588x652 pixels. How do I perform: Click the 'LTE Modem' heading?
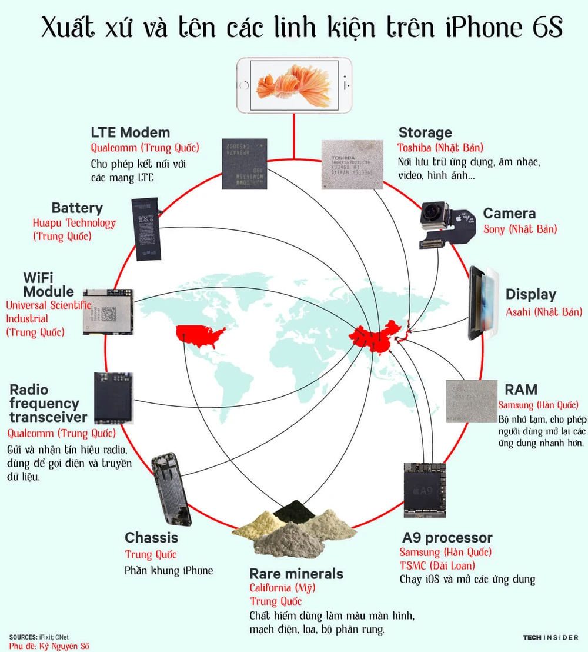click(x=130, y=132)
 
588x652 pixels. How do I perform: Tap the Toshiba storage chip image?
click(x=351, y=165)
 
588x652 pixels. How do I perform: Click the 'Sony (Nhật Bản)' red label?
click(x=520, y=229)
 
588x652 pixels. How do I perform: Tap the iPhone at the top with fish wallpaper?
click(x=294, y=85)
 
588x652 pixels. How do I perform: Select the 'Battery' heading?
click(x=77, y=208)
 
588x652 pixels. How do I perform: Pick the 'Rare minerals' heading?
click(x=296, y=574)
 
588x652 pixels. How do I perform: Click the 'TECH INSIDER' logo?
click(x=550, y=637)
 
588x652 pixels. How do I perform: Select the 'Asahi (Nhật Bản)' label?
click(x=543, y=312)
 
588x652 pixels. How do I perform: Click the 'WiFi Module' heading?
click(x=48, y=284)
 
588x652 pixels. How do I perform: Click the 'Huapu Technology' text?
click(x=74, y=223)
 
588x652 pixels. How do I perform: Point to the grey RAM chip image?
click(x=472, y=401)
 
